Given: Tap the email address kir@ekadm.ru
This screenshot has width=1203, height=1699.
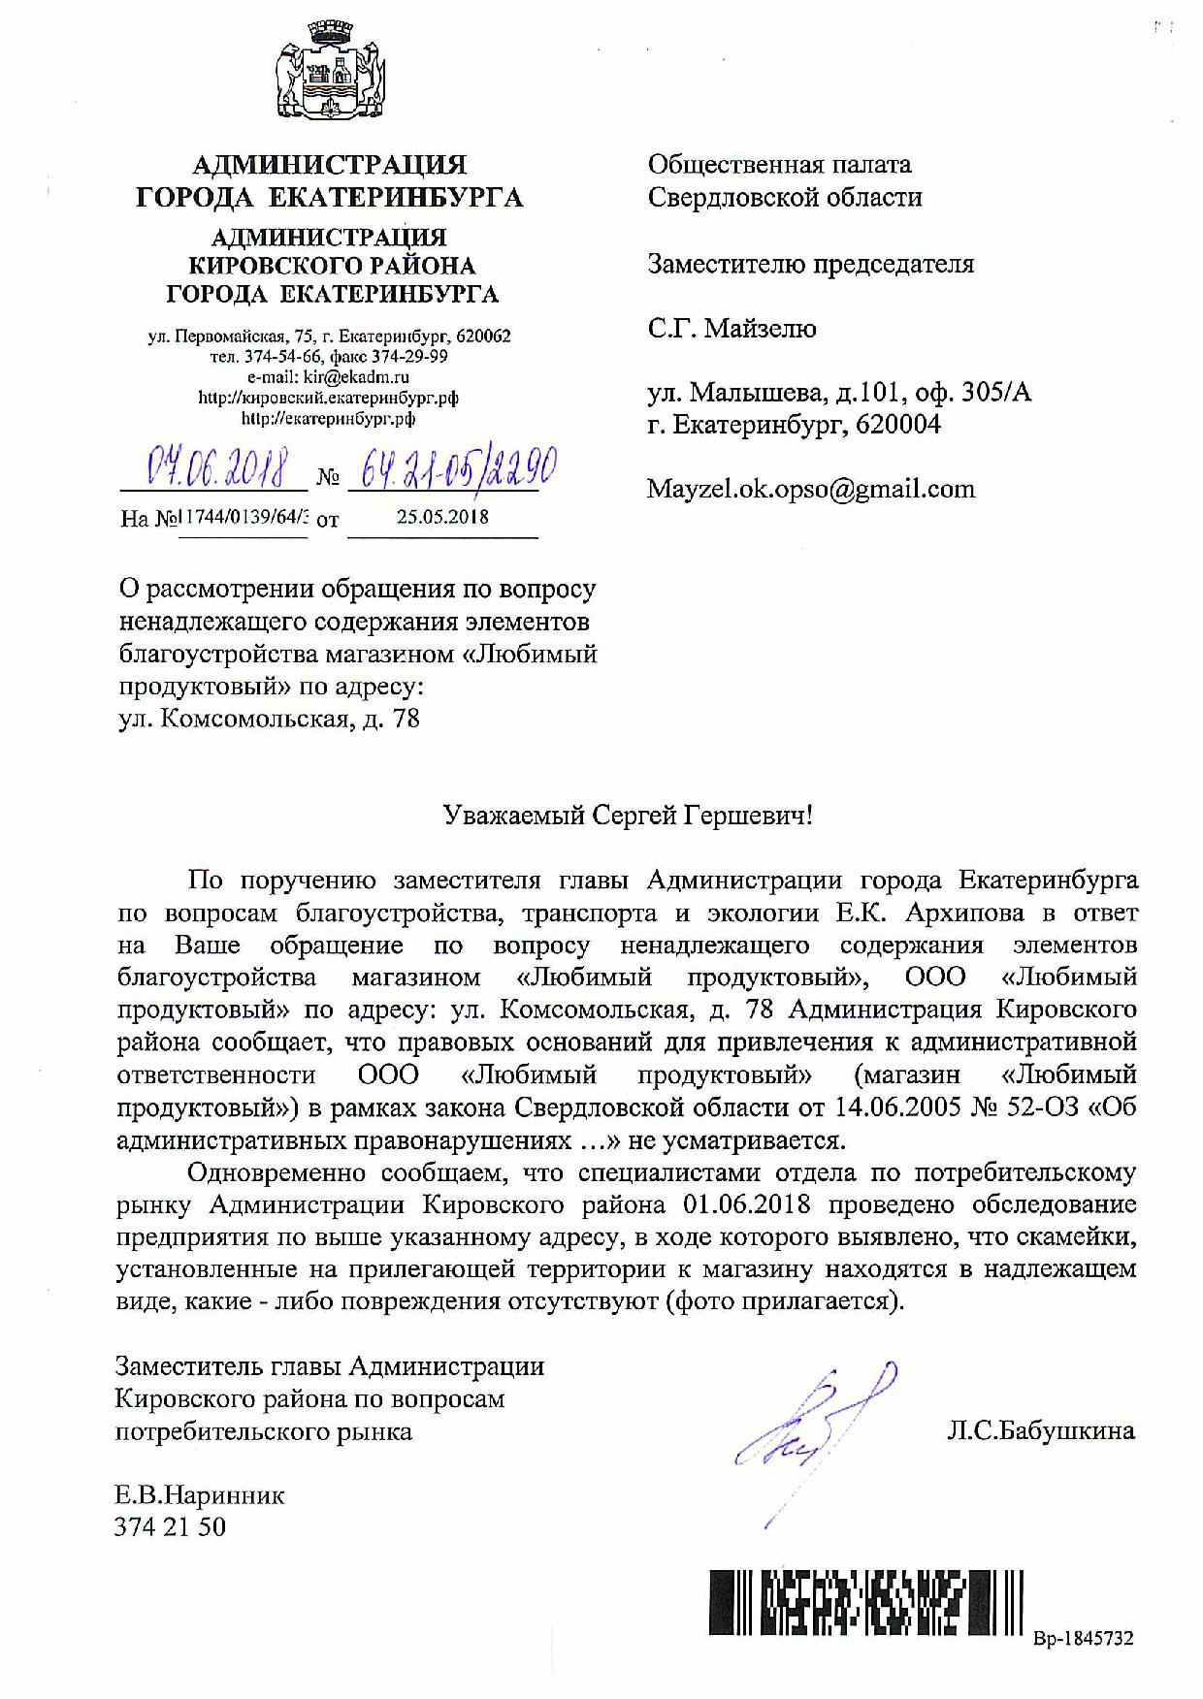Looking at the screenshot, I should pyautogui.click(x=328, y=377).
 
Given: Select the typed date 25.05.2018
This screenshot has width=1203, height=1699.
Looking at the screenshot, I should pyautogui.click(x=442, y=517).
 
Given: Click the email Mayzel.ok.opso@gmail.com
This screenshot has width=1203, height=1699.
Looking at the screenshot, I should pyautogui.click(x=811, y=489).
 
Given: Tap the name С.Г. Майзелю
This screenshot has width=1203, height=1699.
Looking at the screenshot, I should pyautogui.click(x=732, y=329).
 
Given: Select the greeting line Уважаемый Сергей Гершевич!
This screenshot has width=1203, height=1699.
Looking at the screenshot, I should pyautogui.click(x=628, y=815).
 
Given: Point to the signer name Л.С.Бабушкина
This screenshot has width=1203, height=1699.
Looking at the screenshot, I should pyautogui.click(x=1041, y=1430).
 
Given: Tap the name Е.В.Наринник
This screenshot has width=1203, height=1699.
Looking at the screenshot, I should pyautogui.click(x=200, y=1495).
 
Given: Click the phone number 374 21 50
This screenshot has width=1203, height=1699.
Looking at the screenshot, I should pyautogui.click(x=170, y=1527).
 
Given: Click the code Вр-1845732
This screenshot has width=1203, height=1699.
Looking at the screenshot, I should pyautogui.click(x=1083, y=1639).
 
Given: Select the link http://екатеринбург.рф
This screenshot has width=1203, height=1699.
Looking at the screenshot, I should pyautogui.click(x=328, y=419).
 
